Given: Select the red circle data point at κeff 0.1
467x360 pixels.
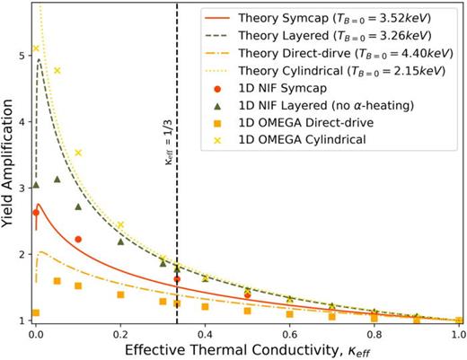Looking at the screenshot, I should pyautogui.click(x=78, y=240).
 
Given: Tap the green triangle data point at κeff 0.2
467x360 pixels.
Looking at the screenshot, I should pyautogui.click(x=120, y=241).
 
